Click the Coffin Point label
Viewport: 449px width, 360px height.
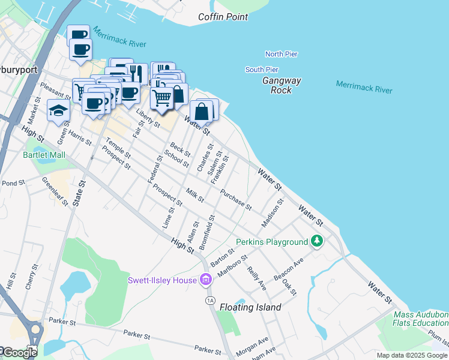223,17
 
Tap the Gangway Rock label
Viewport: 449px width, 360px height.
282,85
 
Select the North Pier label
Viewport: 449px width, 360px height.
282,54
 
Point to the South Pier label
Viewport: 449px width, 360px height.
262,70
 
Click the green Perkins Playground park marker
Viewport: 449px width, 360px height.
317,242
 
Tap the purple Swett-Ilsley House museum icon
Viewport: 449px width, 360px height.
206,280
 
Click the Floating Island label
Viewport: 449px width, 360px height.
250,307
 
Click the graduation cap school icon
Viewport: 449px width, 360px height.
58,111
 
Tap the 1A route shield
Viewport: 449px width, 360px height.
209,300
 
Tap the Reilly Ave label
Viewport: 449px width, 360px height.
256,280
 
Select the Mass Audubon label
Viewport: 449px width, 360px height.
421,314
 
